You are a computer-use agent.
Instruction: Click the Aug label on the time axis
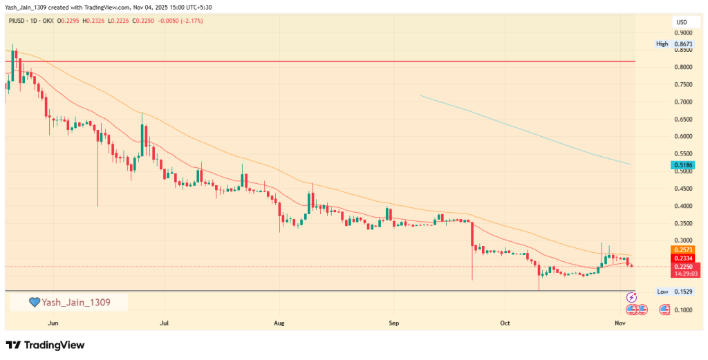[x=279, y=322]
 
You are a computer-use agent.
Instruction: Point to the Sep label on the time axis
[x=393, y=322]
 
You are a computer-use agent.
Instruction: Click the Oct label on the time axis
[x=505, y=322]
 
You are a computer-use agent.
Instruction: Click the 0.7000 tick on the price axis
[x=684, y=102]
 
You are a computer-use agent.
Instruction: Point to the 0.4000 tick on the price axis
[x=684, y=206]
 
